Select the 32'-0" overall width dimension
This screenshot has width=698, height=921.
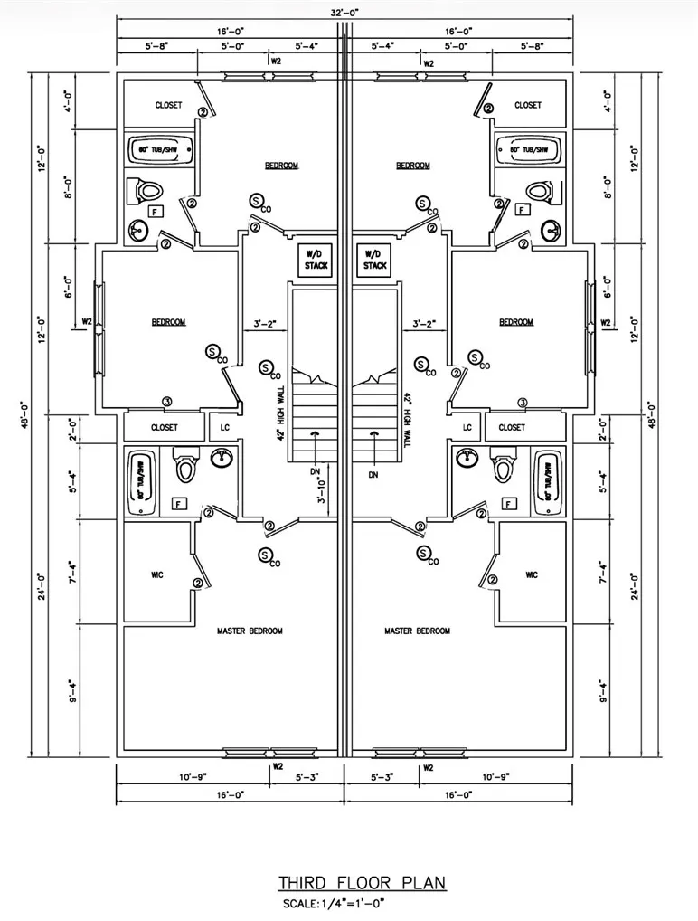coord(344,12)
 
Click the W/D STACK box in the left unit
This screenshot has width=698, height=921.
coord(313,260)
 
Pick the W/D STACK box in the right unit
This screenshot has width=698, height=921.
coord(374,260)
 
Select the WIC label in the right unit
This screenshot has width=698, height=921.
coord(531,574)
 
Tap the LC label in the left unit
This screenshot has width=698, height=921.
coord(224,427)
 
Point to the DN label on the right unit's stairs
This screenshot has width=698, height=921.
coord(373,474)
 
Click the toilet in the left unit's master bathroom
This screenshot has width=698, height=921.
coord(186,467)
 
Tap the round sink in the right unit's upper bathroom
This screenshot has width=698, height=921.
coord(552,230)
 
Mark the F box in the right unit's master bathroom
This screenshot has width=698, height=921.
coord(509,503)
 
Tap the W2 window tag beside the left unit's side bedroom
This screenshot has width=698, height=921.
coord(88,321)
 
